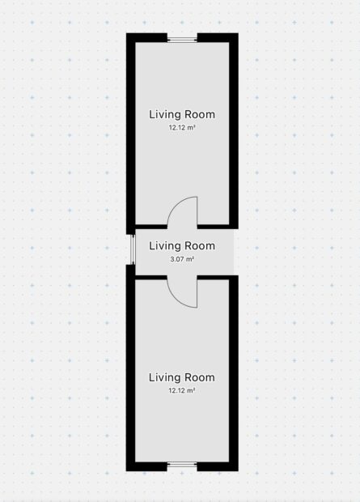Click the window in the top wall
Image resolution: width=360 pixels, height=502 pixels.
pyautogui.click(x=182, y=40)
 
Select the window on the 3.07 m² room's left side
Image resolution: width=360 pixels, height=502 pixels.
pyautogui.click(x=133, y=249)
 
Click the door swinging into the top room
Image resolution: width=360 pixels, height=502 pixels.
pyautogui.click(x=182, y=211)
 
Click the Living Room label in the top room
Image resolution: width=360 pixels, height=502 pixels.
pyautogui.click(x=182, y=114)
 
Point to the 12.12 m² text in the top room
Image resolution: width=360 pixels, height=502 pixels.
pyautogui.click(x=182, y=127)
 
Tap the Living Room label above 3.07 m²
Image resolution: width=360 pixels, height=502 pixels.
pyautogui.click(x=182, y=245)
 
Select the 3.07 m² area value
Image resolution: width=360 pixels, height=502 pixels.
pyautogui.click(x=182, y=259)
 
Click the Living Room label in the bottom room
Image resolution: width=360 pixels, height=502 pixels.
pyautogui.click(x=182, y=377)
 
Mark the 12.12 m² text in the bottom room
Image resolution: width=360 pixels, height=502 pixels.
pyautogui.click(x=182, y=390)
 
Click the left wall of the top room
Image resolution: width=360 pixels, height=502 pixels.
pyautogui.click(x=131, y=134)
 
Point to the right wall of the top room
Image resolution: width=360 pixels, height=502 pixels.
pyautogui.click(x=234, y=131)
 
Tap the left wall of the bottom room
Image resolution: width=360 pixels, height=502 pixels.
pyautogui.click(x=131, y=368)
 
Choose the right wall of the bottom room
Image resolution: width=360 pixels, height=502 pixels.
pyautogui.click(x=234, y=373)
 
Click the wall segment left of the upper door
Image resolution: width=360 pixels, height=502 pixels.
pyautogui.click(x=151, y=227)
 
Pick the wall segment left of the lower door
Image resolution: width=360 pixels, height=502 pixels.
pyautogui.click(x=151, y=277)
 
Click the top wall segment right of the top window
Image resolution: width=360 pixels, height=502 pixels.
pyautogui.click(x=218, y=38)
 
